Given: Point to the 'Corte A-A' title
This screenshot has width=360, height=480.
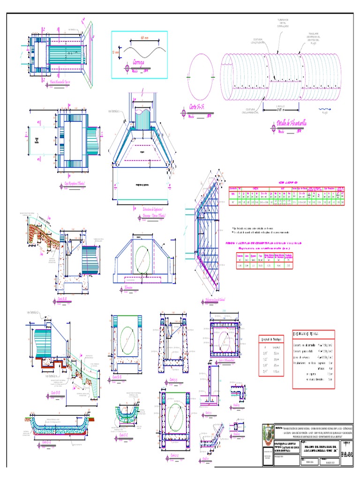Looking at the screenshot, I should pos(199,107).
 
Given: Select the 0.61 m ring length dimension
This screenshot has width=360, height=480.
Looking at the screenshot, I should pos(280,110).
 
